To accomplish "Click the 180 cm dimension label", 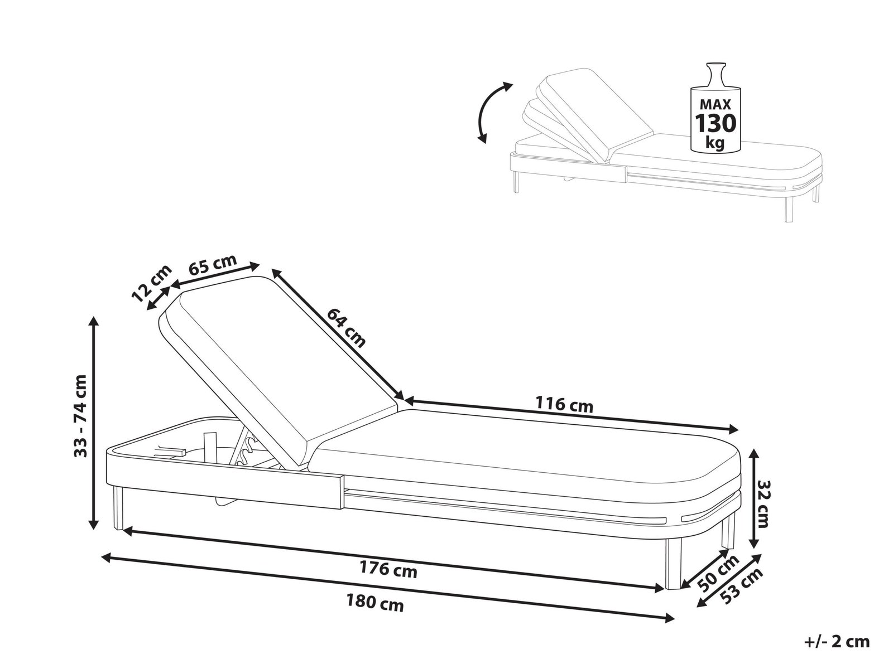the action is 375,603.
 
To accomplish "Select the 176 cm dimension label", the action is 388,569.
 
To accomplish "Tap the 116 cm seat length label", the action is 564,405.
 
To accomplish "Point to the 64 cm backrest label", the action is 347,328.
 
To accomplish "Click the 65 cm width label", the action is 213,264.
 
